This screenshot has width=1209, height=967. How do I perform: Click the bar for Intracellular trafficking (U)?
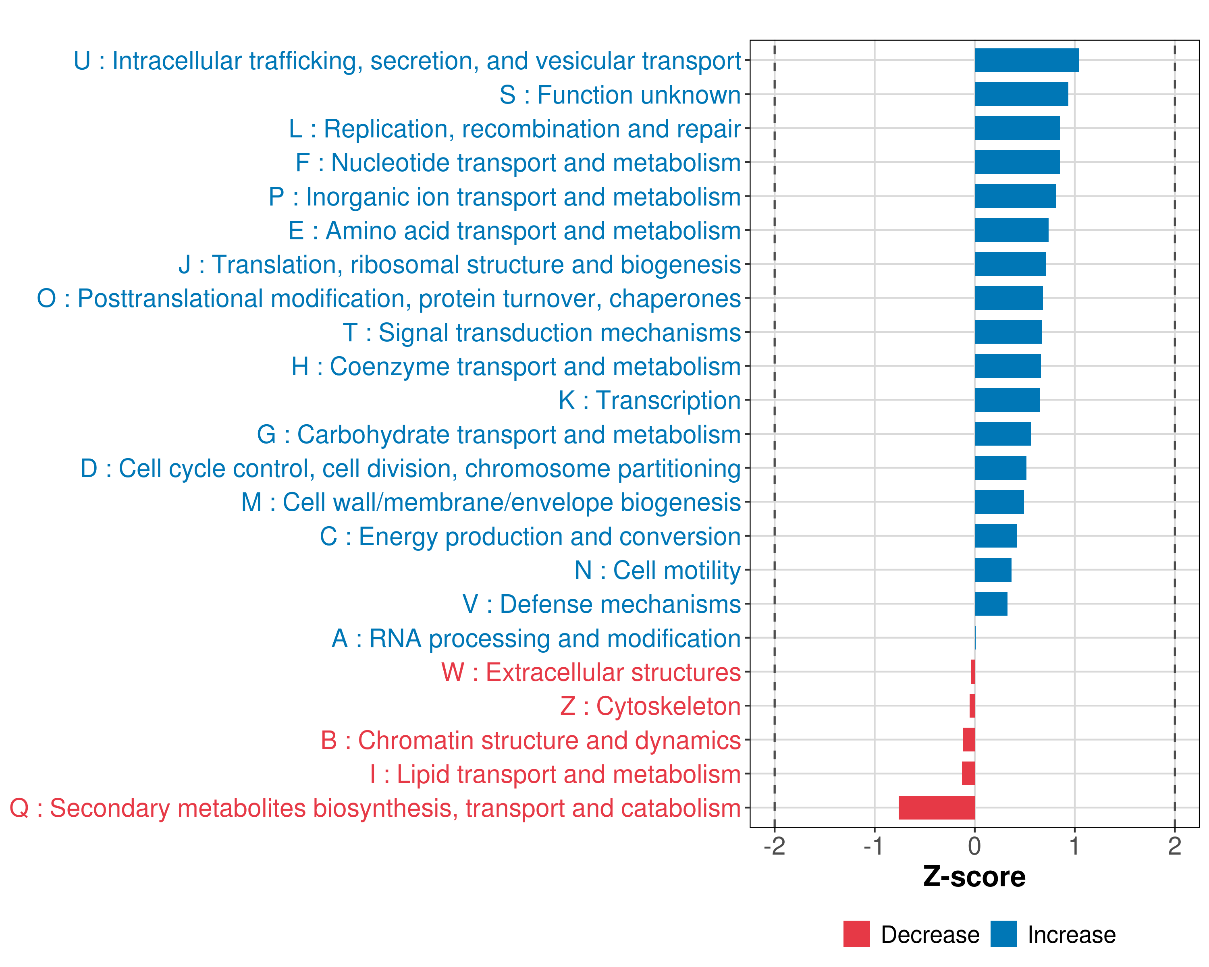(x=1026, y=60)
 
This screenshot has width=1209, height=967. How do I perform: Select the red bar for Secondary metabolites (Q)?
(x=937, y=808)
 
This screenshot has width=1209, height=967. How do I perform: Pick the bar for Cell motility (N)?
(x=993, y=570)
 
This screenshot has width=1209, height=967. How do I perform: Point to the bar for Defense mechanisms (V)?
(x=991, y=604)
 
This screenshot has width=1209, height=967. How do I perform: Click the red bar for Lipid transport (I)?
(x=968, y=774)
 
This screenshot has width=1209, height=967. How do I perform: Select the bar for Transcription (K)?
(x=1007, y=400)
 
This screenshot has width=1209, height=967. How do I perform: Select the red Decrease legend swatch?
(x=856, y=934)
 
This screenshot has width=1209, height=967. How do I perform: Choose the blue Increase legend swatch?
(x=1003, y=934)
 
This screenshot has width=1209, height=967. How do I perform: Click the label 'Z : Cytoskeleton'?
(x=650, y=706)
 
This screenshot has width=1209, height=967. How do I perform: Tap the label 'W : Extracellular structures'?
(x=591, y=672)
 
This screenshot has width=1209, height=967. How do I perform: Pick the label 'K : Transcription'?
(x=649, y=400)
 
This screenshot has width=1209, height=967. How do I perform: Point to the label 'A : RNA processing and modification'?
(x=536, y=639)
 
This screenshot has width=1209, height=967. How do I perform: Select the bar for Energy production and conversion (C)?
(x=995, y=536)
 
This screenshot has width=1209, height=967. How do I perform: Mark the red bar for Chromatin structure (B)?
(x=968, y=740)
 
